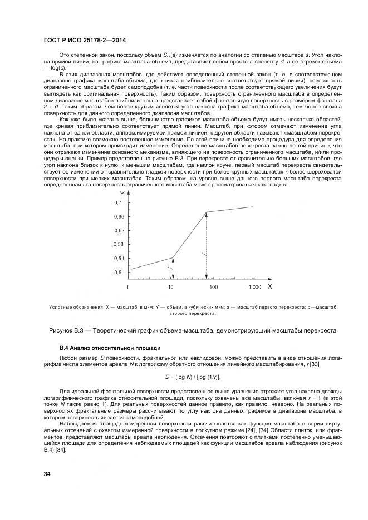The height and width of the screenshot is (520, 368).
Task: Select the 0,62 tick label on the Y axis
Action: [119, 230]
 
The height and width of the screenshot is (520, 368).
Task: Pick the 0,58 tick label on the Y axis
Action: [119, 244]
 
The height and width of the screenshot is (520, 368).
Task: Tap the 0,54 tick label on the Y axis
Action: [119, 259]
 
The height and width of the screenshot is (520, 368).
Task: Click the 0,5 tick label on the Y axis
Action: [118, 273]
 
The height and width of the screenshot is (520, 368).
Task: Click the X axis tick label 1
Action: [127, 287]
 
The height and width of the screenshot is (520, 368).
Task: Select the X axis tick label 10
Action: [171, 287]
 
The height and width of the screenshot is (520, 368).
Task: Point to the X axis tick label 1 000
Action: [254, 287]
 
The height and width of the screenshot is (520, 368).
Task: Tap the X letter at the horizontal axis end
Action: [269, 286]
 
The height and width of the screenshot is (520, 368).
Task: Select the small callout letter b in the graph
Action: [168, 267]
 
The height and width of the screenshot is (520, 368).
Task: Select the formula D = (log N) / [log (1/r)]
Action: [183, 377]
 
